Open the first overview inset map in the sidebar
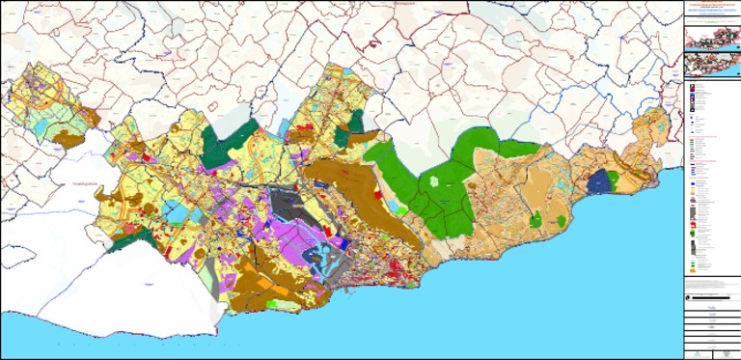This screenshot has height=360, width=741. coord(712,38)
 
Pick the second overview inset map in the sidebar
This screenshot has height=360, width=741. coord(712,66)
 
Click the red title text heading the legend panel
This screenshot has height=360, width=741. coord(712,6)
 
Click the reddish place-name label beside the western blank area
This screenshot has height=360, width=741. coord(75,182)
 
